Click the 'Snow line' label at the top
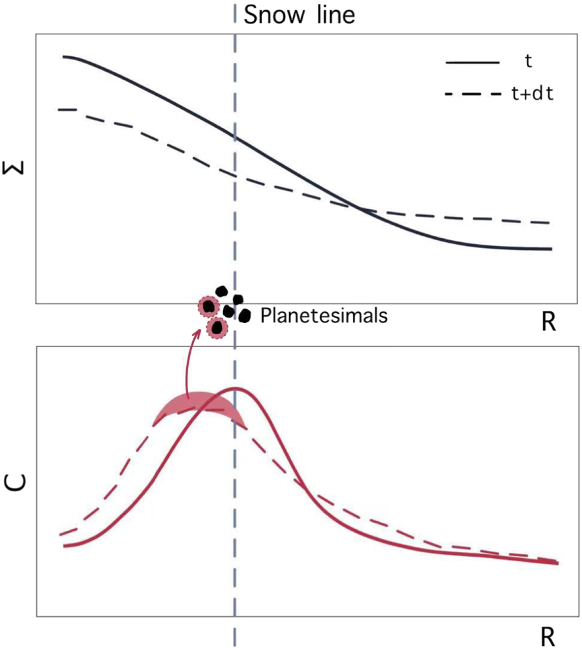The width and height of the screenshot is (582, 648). tap(299, 14)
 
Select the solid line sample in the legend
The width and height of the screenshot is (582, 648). tap(472, 63)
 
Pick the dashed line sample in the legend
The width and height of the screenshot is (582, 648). tap(473, 95)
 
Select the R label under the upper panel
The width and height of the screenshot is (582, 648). tap(548, 322)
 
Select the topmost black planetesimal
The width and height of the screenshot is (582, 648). tap(222, 292)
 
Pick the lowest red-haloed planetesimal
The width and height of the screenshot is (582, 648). tap(217, 329)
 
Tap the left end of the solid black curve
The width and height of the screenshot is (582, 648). tap(64, 57)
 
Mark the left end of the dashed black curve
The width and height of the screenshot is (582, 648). tap(59, 109)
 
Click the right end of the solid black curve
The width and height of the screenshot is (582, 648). tap(551, 249)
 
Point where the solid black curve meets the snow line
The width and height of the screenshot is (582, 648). tap(235, 137)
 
